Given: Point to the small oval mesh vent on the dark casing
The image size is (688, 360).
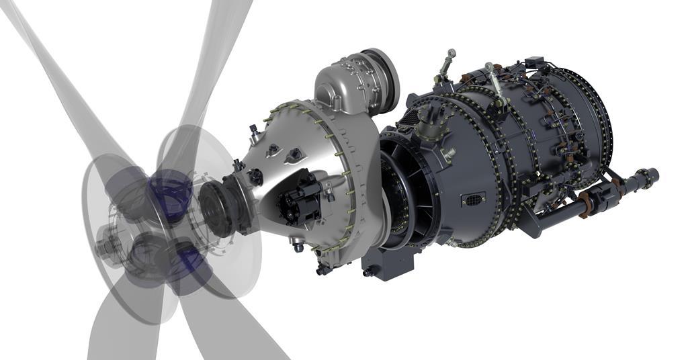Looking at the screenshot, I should coord(474,199).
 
